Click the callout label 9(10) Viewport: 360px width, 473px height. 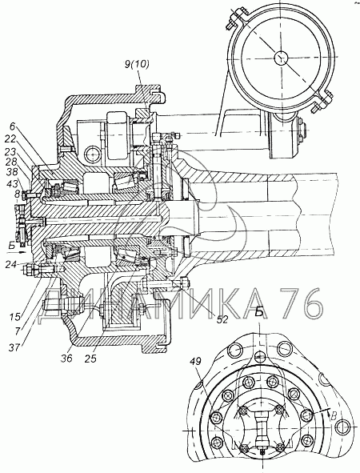137,65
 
